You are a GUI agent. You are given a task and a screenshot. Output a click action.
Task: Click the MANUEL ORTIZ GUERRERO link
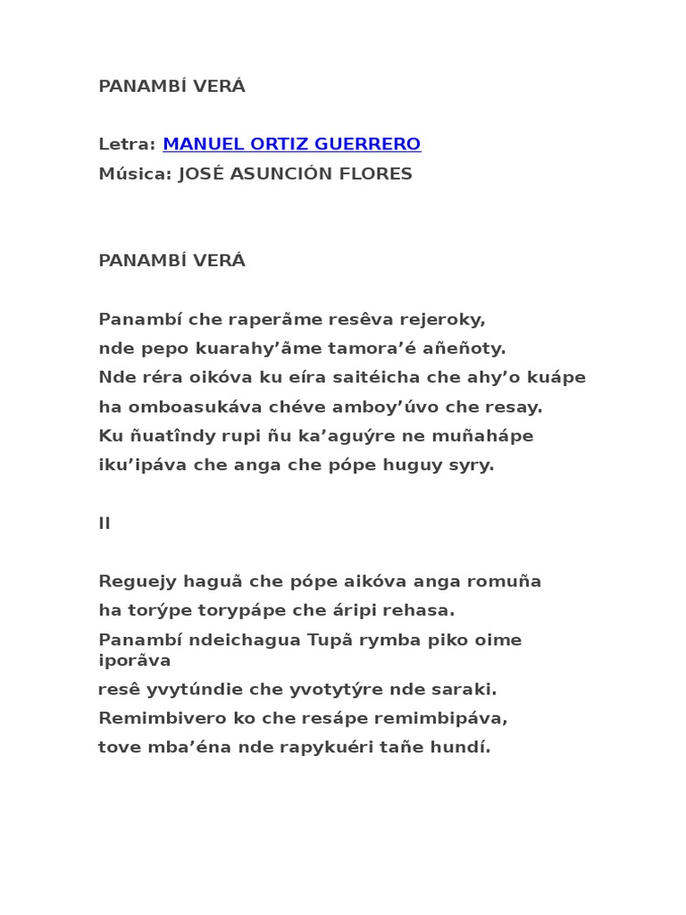coord(291,144)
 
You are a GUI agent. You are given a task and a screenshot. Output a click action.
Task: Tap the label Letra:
coord(127,144)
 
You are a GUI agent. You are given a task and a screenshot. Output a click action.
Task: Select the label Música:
coord(135,173)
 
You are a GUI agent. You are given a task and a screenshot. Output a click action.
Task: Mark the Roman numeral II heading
coord(105,524)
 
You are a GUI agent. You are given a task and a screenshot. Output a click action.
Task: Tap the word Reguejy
coord(134,582)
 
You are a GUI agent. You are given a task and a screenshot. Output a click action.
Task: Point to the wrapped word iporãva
coord(134,660)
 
